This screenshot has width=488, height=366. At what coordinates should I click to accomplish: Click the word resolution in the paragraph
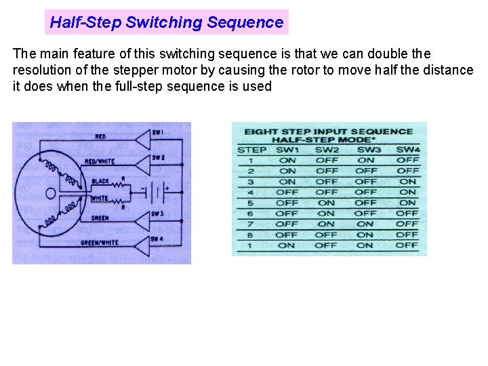44,70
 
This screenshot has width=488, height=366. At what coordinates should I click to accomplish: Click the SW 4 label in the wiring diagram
157,239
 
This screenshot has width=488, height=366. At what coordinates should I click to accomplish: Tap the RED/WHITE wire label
100,161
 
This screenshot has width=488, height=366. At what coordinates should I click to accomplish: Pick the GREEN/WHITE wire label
100,242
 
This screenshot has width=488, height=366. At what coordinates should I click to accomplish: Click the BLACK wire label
100,181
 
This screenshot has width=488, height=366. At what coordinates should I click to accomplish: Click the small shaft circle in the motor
49,193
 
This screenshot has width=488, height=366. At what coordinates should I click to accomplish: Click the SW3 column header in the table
367,150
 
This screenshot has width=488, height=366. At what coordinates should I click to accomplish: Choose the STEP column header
252,150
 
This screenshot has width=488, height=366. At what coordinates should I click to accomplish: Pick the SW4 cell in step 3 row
407,182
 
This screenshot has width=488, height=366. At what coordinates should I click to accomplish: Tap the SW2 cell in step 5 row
327,203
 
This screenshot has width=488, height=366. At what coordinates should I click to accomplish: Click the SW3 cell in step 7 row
366,224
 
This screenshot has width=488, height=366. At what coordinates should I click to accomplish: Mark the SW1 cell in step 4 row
287,192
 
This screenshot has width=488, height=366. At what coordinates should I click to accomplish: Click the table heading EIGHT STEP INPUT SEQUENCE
329,131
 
